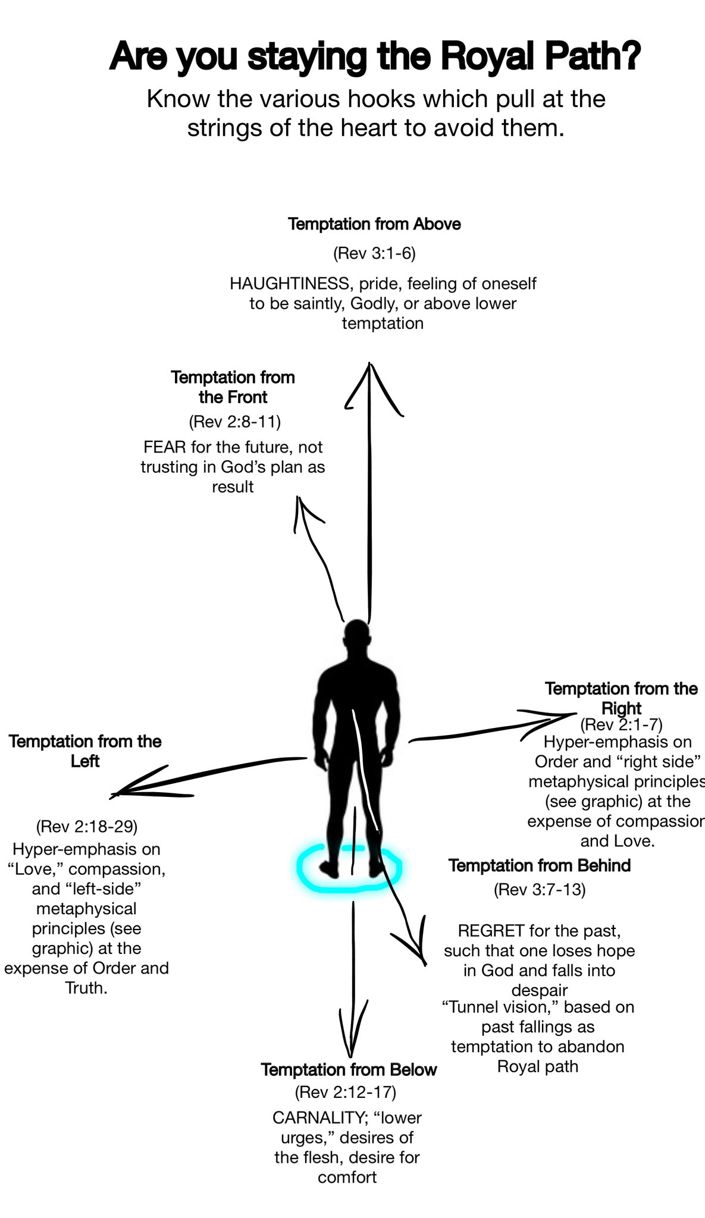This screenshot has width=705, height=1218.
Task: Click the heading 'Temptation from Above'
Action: click(374, 224)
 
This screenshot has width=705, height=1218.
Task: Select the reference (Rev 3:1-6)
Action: click(374, 254)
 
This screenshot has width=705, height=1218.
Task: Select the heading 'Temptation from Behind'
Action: click(540, 865)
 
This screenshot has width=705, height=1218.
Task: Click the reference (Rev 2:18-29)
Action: click(87, 827)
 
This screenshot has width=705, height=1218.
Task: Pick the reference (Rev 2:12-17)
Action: click(345, 1092)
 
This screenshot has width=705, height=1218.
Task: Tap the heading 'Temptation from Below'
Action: click(349, 1069)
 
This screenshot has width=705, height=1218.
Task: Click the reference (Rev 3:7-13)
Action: click(540, 890)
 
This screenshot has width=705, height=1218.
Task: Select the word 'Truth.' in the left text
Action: click(87, 988)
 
